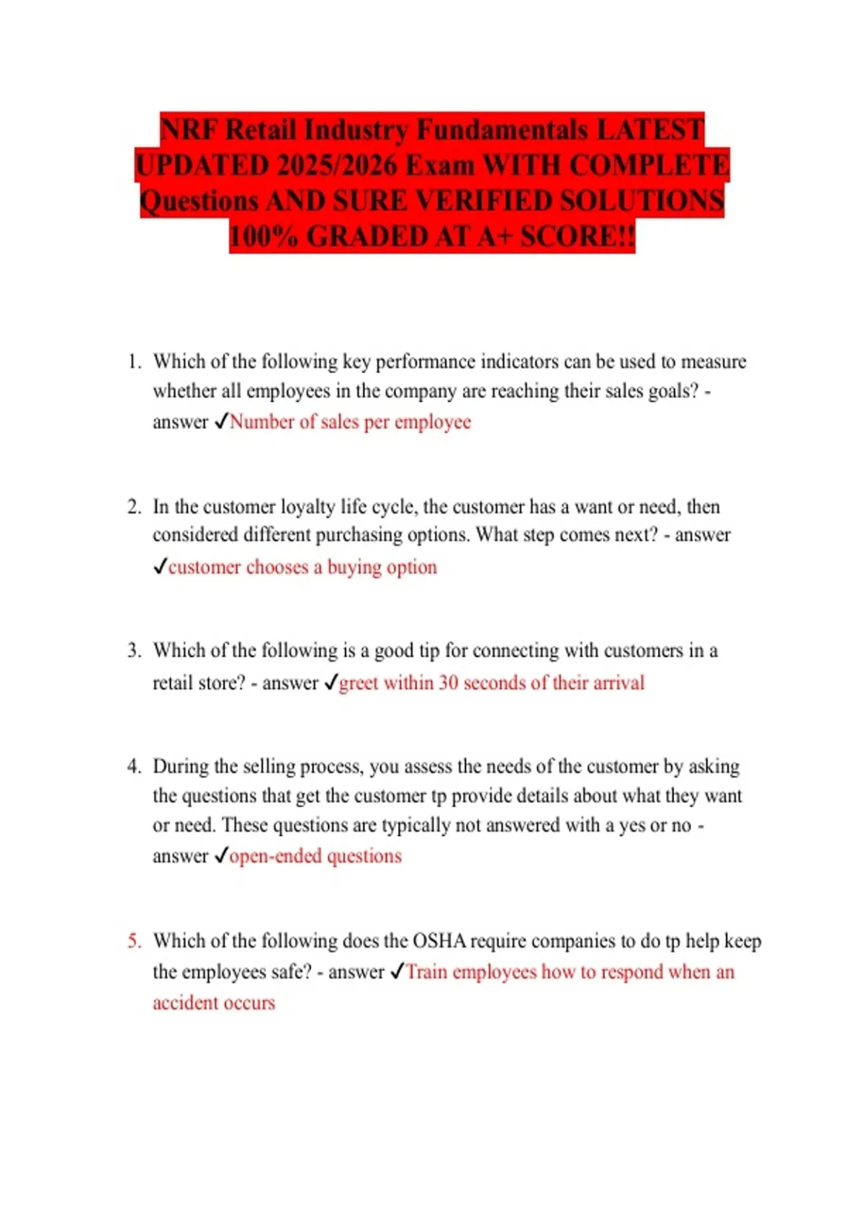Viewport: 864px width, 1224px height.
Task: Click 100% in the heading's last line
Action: click(264, 236)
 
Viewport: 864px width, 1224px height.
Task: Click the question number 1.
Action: click(133, 361)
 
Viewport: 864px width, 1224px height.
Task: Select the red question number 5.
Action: click(134, 941)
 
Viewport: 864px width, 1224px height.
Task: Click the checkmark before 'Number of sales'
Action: click(221, 421)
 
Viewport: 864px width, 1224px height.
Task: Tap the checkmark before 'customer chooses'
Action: click(160, 567)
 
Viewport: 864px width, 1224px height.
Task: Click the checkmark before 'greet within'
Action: click(330, 682)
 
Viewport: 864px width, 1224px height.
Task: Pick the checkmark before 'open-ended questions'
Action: click(221, 855)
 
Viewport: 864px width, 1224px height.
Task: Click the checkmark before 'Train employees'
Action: click(397, 971)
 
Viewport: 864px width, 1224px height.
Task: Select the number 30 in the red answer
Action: click(448, 683)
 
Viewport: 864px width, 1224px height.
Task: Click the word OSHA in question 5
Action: click(438, 941)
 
